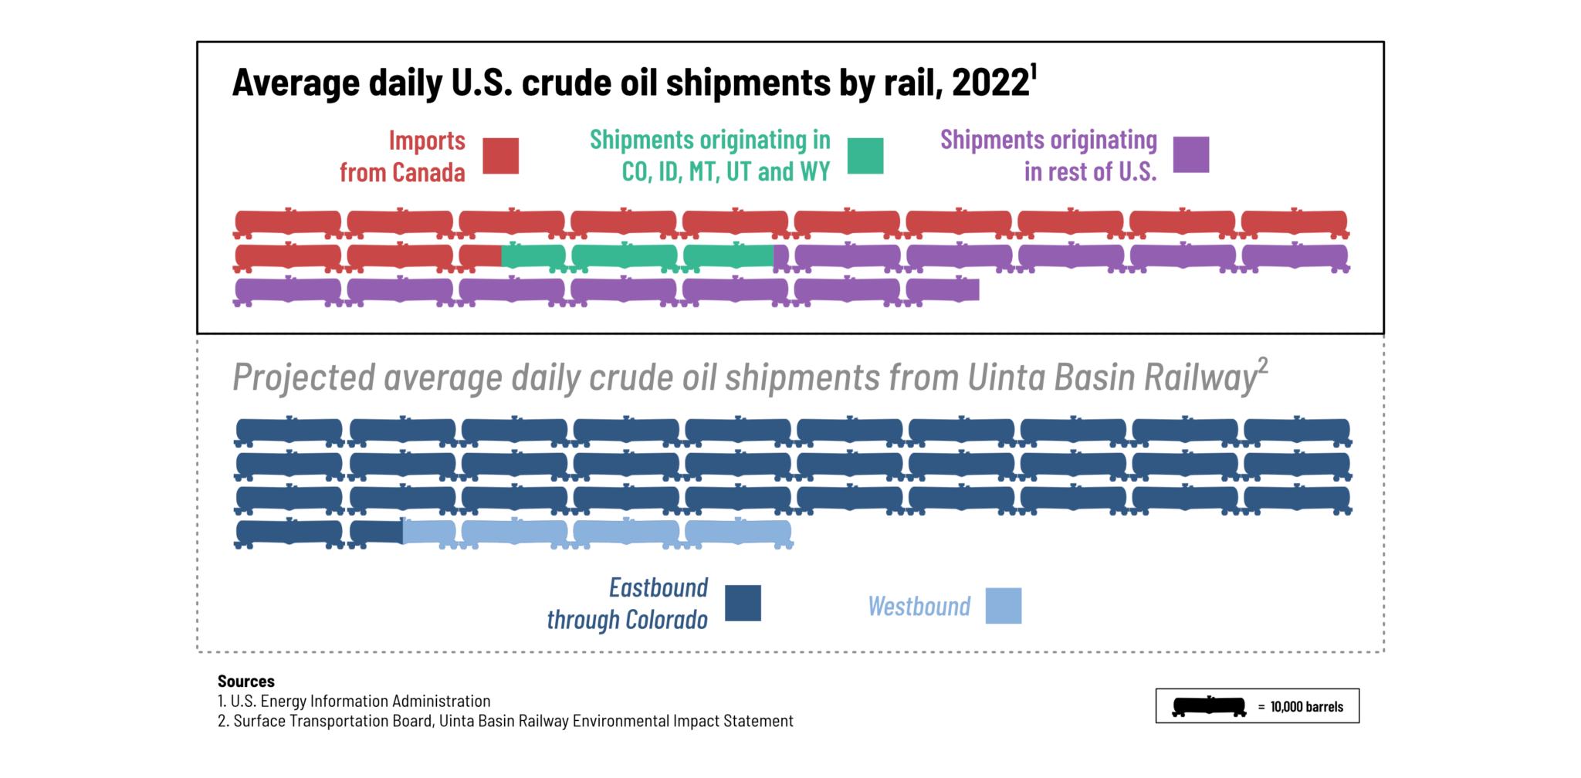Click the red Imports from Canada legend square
coord(500,156)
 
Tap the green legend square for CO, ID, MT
coord(865,156)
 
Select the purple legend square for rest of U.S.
coord(1190,154)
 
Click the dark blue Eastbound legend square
coord(743,603)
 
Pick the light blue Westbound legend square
coord(1003,606)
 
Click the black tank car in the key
coord(1208,706)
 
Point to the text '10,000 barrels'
coord(1306,707)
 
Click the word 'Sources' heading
coord(245,682)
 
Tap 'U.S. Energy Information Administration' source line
coord(360,702)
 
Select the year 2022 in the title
coord(990,83)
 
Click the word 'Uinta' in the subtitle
coord(1007,378)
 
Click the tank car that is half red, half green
coord(512,256)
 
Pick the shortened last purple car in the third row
coord(942,291)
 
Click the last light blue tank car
coord(738,533)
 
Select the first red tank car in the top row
coord(288,223)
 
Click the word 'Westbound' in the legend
coord(919,607)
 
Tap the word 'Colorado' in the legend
coord(666,620)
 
